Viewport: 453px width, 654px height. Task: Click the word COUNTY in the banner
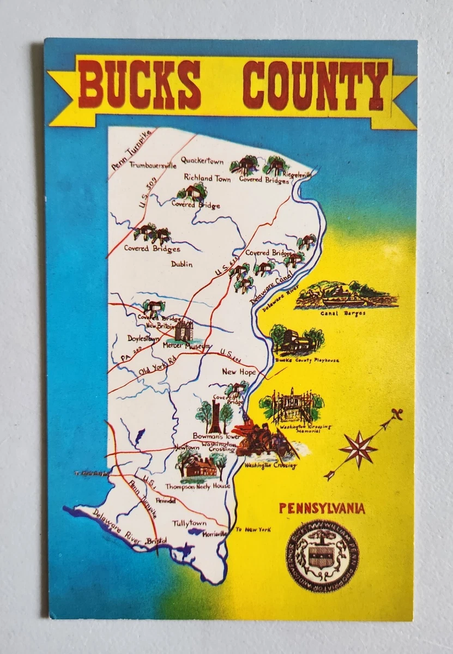tap(315, 86)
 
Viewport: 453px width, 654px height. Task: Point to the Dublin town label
tap(182, 264)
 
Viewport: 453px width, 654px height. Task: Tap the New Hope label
tap(239, 372)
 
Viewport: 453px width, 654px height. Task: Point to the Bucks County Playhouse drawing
tap(298, 342)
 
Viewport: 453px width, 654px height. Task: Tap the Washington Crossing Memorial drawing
tap(292, 407)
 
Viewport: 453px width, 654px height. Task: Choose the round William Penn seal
tap(322, 555)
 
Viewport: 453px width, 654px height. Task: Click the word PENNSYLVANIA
tap(322, 508)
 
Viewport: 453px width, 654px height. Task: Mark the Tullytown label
tap(189, 523)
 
